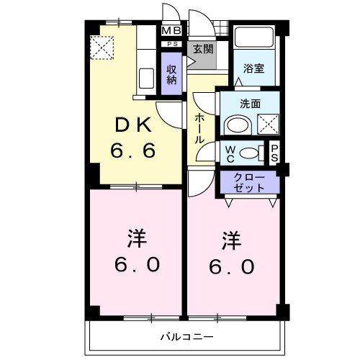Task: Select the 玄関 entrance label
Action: [202, 49]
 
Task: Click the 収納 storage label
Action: [172, 74]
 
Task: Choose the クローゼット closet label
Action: [248, 182]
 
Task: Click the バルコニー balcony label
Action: [186, 336]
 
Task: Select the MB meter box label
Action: [171, 31]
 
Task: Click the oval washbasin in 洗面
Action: [236, 125]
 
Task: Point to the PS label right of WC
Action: [274, 153]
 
